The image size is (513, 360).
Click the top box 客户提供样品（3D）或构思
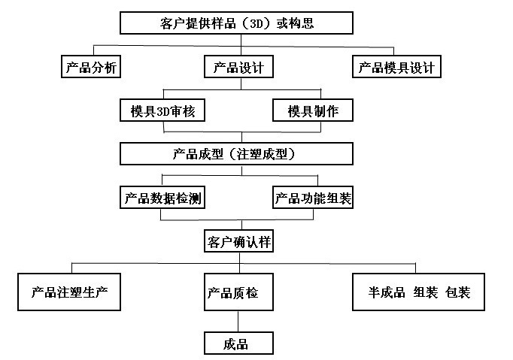[x=236, y=23]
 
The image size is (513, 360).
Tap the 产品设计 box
[x=236, y=68]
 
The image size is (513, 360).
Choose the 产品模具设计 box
[x=396, y=68]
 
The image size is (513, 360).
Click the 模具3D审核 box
[x=162, y=111]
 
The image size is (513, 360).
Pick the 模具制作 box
[x=313, y=111]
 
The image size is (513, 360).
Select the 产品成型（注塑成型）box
[x=236, y=154]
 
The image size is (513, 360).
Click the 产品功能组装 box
[x=313, y=198]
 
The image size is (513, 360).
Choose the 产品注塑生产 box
[x=69, y=292]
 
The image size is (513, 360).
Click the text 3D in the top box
[x=254, y=23]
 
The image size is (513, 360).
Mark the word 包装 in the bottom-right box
[x=457, y=292]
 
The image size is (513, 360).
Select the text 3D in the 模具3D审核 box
[x=163, y=111]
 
